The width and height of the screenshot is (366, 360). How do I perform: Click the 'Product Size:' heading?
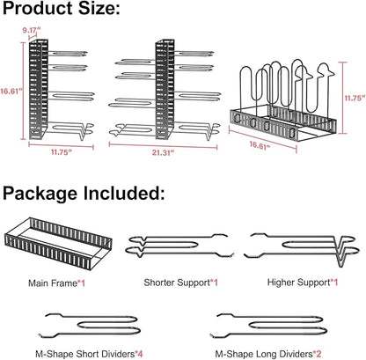tap(62, 8)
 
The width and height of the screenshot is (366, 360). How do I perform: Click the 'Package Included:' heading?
tap(84, 194)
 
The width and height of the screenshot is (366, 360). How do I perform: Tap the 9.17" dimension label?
tap(32, 30)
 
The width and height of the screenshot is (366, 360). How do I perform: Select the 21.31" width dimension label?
tap(163, 153)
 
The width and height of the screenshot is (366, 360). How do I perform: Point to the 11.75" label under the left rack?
tap(62, 152)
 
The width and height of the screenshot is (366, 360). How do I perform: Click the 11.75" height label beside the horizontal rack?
tap(355, 98)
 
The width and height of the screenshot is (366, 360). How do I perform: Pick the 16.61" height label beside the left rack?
tap(11, 91)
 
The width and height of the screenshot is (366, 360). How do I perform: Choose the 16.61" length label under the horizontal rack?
tap(260, 145)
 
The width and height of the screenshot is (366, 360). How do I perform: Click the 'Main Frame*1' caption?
tap(56, 283)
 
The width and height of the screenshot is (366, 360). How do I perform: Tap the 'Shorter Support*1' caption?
tap(181, 283)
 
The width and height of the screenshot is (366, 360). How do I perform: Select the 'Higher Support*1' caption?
tap(303, 283)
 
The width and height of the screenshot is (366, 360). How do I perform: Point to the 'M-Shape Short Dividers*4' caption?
tap(89, 354)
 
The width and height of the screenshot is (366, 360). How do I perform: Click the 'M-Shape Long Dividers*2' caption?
tap(268, 354)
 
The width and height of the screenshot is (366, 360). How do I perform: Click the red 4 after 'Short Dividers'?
tap(140, 354)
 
